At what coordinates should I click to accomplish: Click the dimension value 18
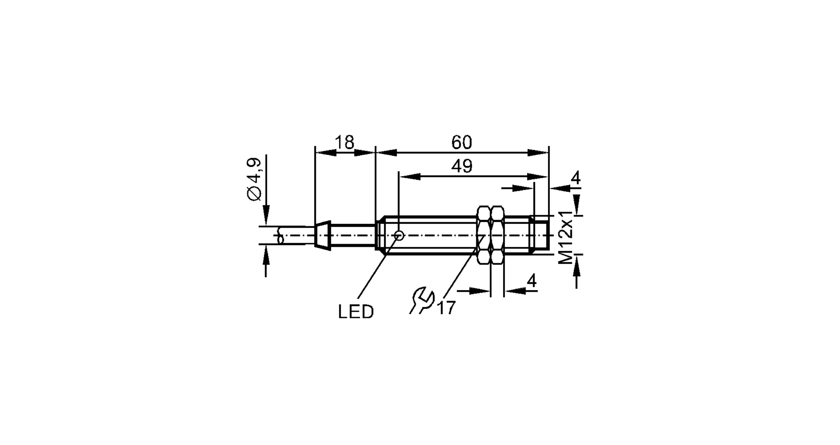point(344,142)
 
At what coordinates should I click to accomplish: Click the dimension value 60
point(462,142)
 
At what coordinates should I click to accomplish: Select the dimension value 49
point(462,166)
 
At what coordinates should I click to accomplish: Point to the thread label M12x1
point(566,237)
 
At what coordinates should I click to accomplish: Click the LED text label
point(356,312)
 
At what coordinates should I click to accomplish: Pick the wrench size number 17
point(446,308)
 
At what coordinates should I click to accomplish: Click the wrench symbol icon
point(421,299)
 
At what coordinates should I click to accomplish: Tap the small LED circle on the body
point(399,236)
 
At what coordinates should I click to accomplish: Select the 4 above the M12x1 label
point(575,178)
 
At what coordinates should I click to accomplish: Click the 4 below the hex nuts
point(532,281)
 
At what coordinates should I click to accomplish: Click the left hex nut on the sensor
point(484,235)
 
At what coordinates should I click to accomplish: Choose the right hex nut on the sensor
point(498,235)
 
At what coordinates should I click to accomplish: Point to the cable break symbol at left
point(281,236)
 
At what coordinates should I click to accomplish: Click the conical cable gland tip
point(323,235)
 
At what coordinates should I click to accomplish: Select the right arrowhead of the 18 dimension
point(364,153)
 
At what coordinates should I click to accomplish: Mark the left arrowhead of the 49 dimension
point(409,177)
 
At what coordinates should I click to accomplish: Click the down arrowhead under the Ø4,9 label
point(266,215)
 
